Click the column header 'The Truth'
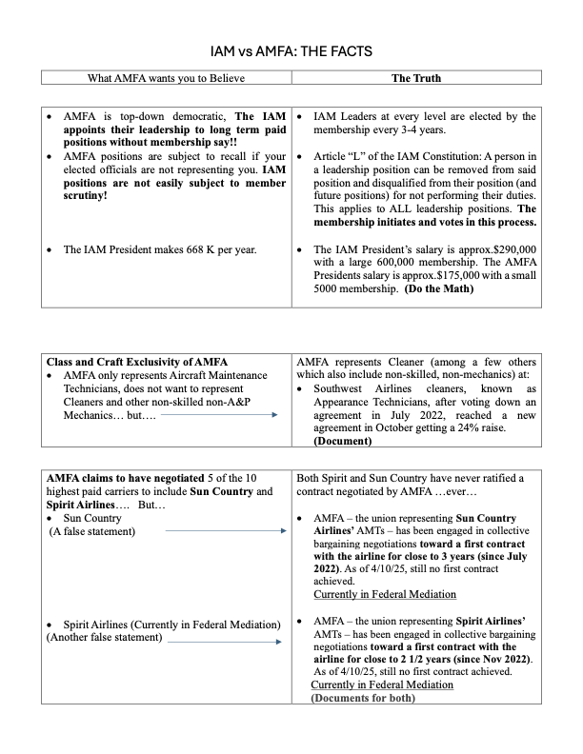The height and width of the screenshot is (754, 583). [416, 77]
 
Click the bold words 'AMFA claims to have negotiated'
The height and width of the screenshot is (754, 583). [119, 478]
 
